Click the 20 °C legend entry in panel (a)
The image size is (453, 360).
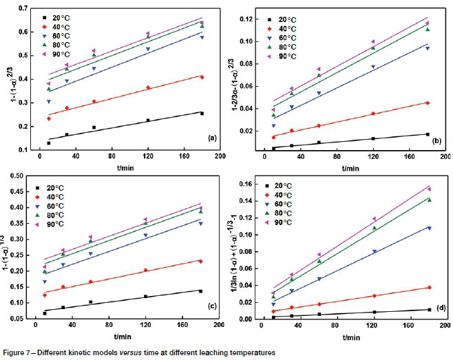pyautogui.click(x=63, y=15)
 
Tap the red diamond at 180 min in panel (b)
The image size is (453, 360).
pyautogui.click(x=428, y=103)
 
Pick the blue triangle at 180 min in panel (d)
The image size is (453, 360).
pyautogui.click(x=428, y=228)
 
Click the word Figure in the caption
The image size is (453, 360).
pyautogui.click(x=15, y=352)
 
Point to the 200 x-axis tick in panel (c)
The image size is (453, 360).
pyautogui.click(x=217, y=326)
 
